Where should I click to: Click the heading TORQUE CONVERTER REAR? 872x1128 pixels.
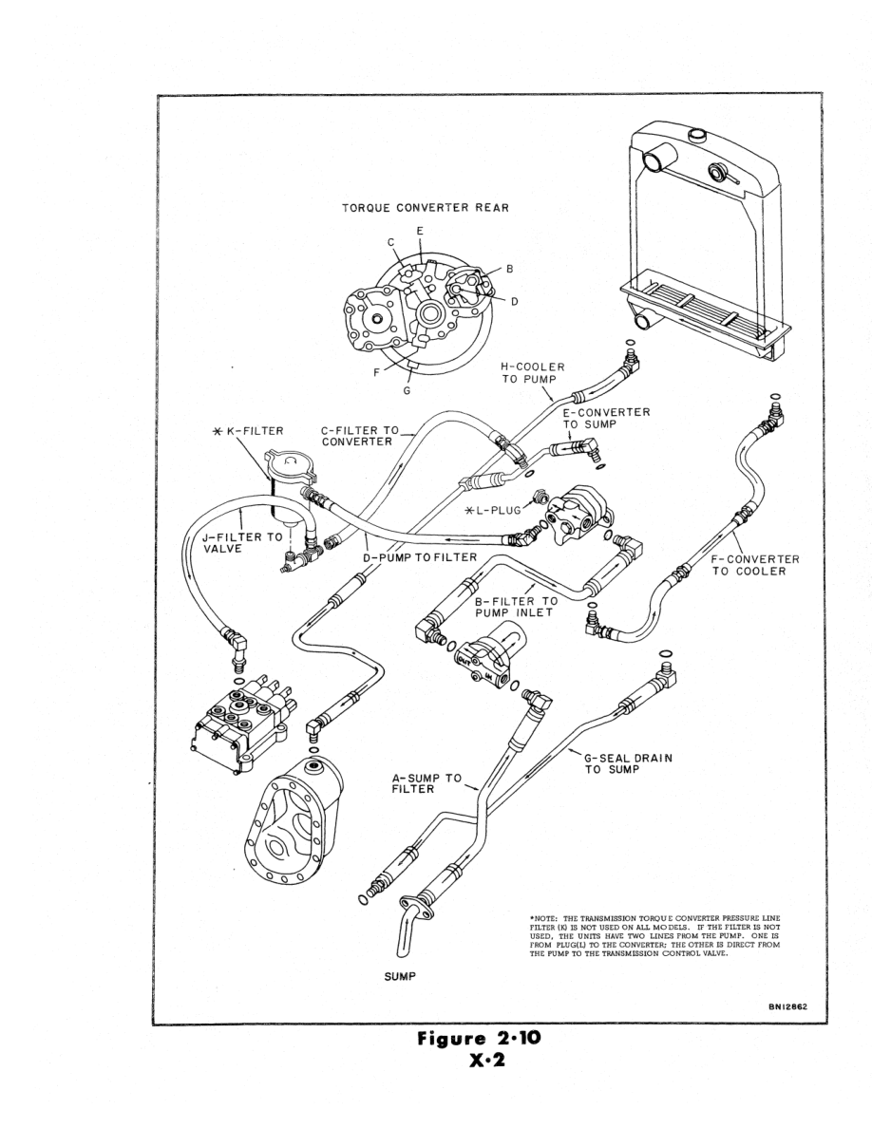coord(426,209)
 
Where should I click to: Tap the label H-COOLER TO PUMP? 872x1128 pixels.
coord(533,373)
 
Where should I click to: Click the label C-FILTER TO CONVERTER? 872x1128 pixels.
coord(360,436)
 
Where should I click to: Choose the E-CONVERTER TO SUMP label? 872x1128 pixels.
coord(606,419)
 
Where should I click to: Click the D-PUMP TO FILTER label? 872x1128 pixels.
coord(419,555)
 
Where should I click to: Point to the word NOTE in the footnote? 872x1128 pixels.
coord(545,918)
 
